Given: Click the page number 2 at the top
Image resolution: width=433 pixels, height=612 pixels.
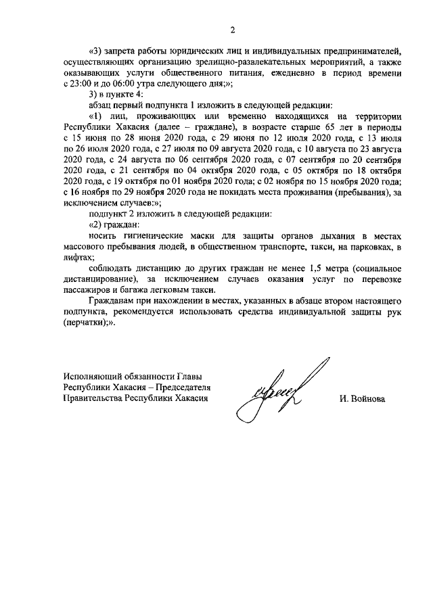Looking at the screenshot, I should pos(233,30).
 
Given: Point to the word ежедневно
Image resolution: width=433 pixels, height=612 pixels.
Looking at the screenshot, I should pos(298,72).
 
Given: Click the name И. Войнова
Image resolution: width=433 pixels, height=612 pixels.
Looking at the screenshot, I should pos(362,399).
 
